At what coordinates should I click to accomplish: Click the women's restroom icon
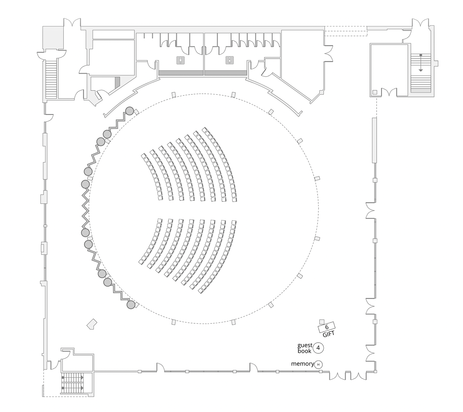click(229, 60)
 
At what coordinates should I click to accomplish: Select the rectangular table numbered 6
click(327, 327)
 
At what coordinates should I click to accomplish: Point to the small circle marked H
click(318, 364)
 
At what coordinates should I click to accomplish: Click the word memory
click(302, 364)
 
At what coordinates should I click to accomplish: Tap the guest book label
click(305, 348)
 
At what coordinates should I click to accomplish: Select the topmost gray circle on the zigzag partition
click(129, 111)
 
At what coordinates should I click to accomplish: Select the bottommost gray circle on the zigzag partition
click(131, 305)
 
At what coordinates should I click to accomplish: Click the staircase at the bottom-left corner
click(72, 383)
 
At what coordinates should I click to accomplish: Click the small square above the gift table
click(322, 322)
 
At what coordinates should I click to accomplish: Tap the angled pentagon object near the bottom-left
click(92, 324)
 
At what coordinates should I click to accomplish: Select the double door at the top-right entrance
click(421, 24)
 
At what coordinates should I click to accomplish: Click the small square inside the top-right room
click(375, 92)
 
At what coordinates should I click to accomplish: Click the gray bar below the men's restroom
click(181, 73)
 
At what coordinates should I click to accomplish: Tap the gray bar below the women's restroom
click(226, 73)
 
